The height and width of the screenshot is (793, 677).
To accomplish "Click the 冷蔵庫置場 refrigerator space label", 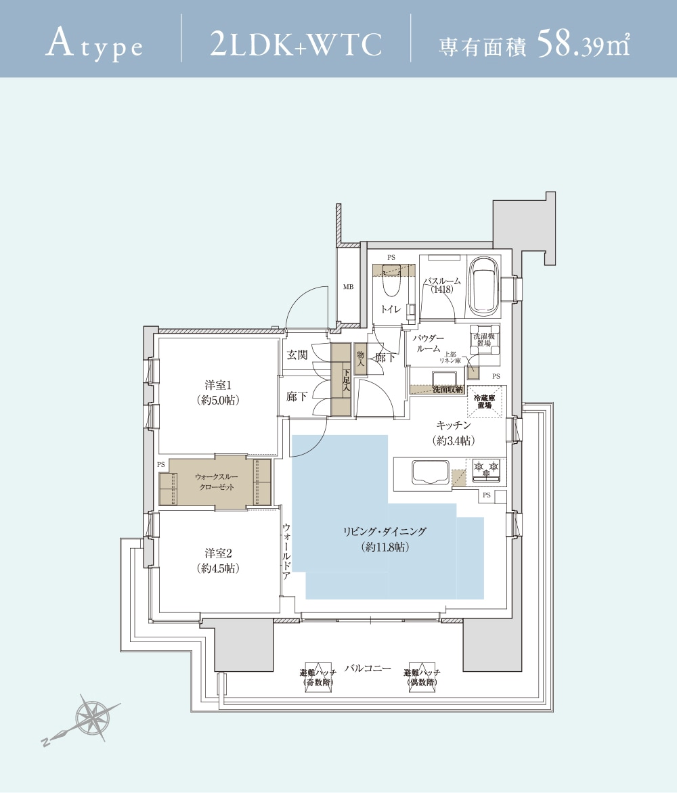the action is coord(485,401).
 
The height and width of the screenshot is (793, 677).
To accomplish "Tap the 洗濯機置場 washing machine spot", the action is coord(484,340).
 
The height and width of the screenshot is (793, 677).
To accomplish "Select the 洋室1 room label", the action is coord(218,392).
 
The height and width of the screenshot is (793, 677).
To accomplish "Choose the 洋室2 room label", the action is coord(218,561).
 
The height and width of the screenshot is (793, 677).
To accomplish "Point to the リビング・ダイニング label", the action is coord(385,539).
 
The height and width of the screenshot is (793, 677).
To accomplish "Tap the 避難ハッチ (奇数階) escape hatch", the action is coord(318,677).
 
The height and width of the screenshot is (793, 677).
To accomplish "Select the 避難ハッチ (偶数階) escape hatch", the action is coord(422,677).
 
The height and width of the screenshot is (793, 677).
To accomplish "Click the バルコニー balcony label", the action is coord(368,668).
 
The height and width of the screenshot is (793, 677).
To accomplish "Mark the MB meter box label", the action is coord(348,287).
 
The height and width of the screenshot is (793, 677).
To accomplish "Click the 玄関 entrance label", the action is coord(297,355).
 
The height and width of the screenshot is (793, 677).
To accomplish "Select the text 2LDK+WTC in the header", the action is coord(295,45).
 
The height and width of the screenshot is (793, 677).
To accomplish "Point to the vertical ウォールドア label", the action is coord(286,551).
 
